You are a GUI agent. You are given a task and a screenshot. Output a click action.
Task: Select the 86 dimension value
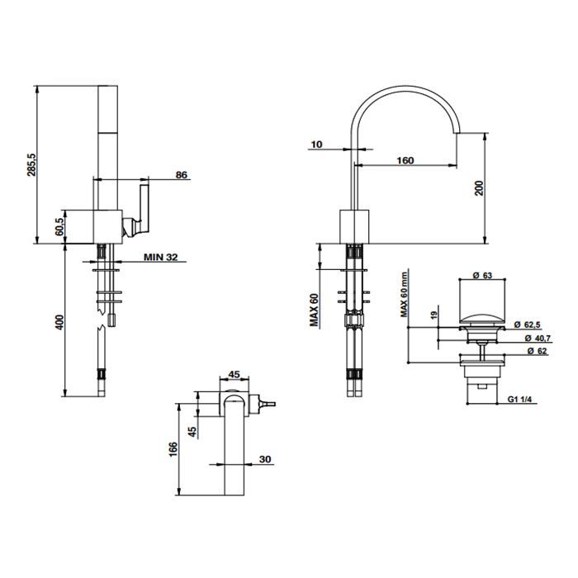tap(182, 175)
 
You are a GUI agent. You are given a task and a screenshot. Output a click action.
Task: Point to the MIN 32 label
tap(160, 257)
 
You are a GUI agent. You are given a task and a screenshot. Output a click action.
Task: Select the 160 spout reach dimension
tap(405, 160)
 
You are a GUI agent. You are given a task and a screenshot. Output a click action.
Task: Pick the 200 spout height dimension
tap(479, 188)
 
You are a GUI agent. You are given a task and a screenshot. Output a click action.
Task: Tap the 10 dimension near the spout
tap(316, 144)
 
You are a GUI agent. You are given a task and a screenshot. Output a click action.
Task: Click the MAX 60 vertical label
tap(314, 310)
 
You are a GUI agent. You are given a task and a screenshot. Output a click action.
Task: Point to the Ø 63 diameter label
tap(482, 275)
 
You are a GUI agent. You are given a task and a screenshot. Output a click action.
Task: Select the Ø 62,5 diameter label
tap(528, 325)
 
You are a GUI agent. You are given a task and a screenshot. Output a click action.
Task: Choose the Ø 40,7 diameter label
tap(538, 338)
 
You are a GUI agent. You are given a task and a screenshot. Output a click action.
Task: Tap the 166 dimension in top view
tap(173, 449)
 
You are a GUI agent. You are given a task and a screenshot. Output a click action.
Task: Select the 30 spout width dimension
tap(265, 459)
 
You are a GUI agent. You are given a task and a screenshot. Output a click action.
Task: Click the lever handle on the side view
tap(144, 208)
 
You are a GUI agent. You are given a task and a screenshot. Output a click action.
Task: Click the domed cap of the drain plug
tap(482, 320)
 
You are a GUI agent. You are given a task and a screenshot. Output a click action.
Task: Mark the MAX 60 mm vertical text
tap(405, 294)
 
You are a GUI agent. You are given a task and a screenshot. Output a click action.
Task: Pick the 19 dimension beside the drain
tap(433, 315)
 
